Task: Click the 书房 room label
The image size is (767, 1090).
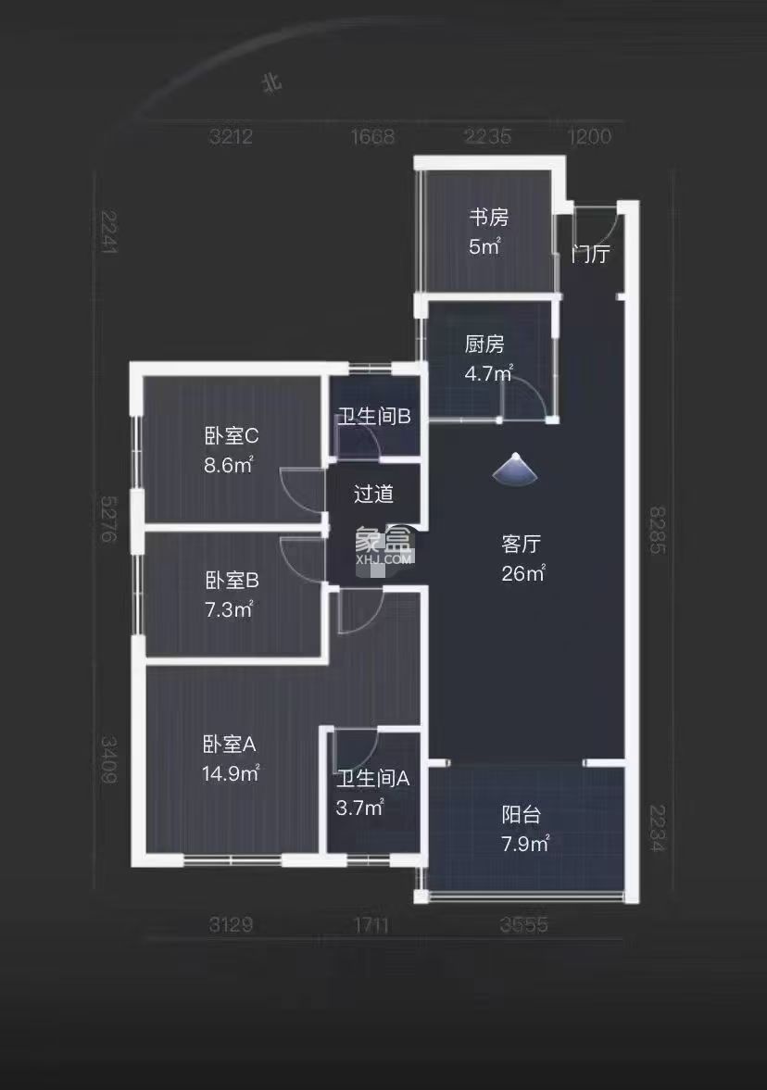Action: click(487, 218)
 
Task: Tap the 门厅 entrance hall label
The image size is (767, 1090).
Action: click(590, 254)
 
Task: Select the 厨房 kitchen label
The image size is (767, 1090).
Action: click(484, 345)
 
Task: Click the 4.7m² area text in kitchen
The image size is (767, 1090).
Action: click(487, 373)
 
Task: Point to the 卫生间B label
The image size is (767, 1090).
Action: click(373, 416)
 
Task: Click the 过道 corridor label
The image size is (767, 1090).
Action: click(373, 494)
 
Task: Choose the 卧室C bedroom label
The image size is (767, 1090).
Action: click(231, 435)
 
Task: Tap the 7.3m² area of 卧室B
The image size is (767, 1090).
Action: click(229, 609)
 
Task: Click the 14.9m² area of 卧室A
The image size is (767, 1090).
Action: click(231, 772)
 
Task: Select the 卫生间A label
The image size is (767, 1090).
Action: click(372, 779)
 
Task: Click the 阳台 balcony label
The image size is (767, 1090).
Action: click(521, 815)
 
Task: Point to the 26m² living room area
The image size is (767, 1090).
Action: click(522, 573)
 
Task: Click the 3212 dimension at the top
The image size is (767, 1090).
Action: click(232, 138)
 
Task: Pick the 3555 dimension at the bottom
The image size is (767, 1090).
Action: click(523, 924)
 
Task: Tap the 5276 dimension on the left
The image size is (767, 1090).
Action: click(109, 519)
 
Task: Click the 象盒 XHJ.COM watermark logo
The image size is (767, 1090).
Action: click(383, 546)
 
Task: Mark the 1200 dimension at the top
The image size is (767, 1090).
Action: click(589, 137)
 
